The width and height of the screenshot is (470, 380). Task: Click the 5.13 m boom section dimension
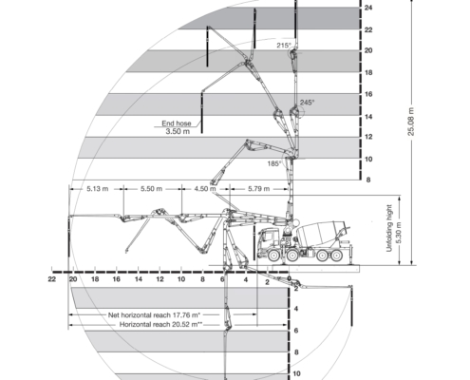[98, 189]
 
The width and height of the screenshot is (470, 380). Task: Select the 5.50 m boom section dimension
[151, 189]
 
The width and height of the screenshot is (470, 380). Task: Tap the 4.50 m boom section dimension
[205, 189]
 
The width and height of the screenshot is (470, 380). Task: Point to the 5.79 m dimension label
[258, 189]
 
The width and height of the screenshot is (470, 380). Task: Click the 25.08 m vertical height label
[411, 122]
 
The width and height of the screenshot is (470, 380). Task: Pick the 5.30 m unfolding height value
[399, 233]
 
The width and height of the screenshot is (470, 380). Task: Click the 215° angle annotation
[284, 46]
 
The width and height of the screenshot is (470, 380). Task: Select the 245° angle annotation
[308, 103]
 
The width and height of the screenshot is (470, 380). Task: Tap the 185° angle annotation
[274, 163]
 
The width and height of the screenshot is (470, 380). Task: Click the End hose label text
[177, 123]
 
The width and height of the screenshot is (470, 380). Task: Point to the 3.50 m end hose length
[178, 131]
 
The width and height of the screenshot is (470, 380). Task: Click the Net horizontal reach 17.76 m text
[154, 315]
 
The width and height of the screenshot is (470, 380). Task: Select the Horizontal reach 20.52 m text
[160, 324]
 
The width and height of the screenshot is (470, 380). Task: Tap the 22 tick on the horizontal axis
[52, 279]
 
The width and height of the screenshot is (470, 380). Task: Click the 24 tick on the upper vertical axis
[368, 8]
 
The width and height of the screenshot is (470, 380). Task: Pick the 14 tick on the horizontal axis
[139, 279]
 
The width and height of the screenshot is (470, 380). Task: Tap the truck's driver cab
[269, 239]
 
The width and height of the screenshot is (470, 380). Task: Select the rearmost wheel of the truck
[336, 256]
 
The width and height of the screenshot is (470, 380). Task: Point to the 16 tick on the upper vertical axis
[368, 94]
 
